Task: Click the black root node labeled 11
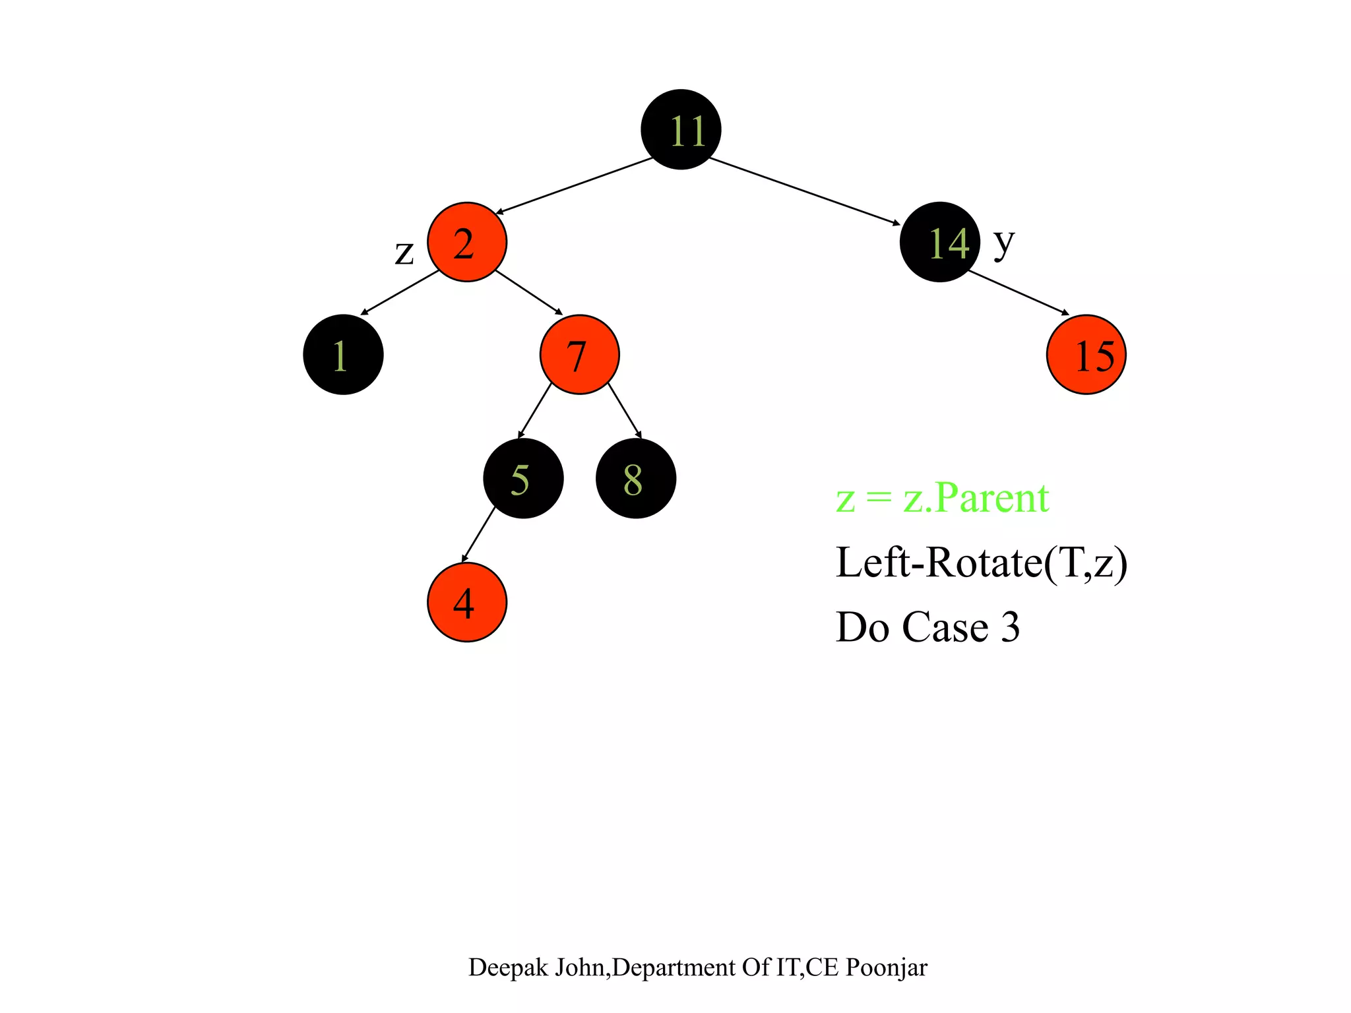(x=681, y=129)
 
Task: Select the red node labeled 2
(x=467, y=242)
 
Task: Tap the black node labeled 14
(x=939, y=242)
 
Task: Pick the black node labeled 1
(x=343, y=355)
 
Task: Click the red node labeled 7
(x=579, y=355)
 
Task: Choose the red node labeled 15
(x=1086, y=355)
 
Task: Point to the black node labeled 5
(x=523, y=478)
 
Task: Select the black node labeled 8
(x=635, y=478)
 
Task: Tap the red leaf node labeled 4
(x=467, y=601)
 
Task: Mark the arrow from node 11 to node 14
(x=805, y=191)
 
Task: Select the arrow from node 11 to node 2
(x=574, y=185)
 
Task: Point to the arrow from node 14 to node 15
(x=1019, y=293)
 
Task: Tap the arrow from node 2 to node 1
(x=400, y=292)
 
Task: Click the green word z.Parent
(x=976, y=498)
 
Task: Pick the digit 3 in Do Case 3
(x=1010, y=627)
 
